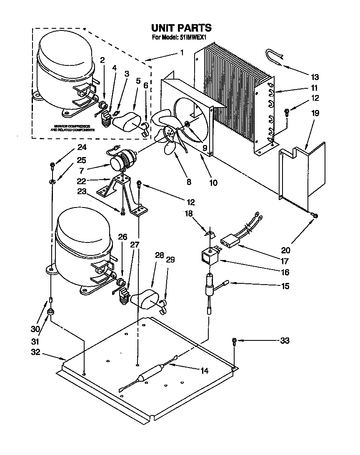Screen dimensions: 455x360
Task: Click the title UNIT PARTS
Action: click(x=181, y=28)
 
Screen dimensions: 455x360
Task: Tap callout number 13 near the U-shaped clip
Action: click(x=315, y=77)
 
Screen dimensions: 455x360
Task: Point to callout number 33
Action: click(x=285, y=341)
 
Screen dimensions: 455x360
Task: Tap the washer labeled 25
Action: click(x=53, y=182)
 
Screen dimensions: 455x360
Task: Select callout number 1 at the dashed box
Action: click(x=182, y=52)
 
